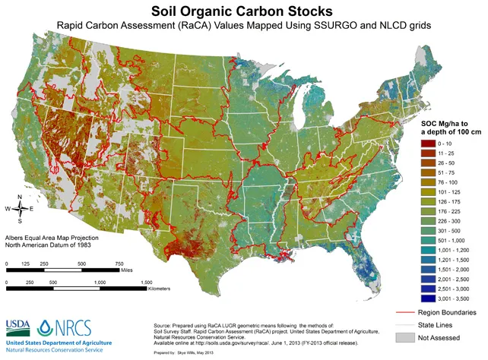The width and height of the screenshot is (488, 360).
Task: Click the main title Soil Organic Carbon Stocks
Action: (241, 11)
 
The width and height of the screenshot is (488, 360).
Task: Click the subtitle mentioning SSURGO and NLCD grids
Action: (241, 27)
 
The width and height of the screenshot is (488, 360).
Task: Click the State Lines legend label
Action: (452, 324)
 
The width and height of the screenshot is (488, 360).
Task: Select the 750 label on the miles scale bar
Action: (119, 265)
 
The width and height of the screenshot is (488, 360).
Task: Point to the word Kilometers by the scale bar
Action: (154, 289)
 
